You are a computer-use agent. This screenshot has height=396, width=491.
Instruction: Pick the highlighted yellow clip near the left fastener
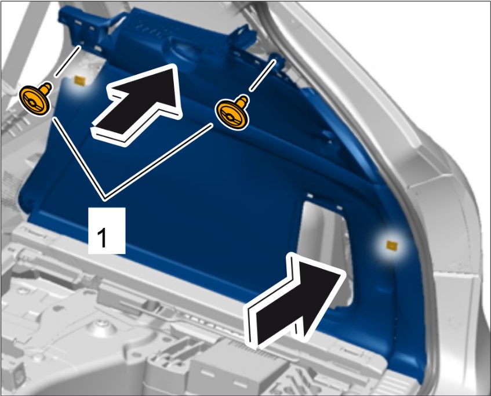79,81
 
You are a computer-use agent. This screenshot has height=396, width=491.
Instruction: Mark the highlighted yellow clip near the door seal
392,245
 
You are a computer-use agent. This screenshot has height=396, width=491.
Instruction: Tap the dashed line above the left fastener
67,61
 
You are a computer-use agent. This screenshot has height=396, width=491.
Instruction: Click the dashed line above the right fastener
263,76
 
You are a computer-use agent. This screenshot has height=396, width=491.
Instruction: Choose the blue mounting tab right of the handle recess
244,37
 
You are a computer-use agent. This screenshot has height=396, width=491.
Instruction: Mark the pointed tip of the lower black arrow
345,272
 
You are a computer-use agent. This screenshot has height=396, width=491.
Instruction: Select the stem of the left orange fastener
46,88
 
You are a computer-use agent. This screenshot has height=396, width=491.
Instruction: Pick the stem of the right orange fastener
243,101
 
